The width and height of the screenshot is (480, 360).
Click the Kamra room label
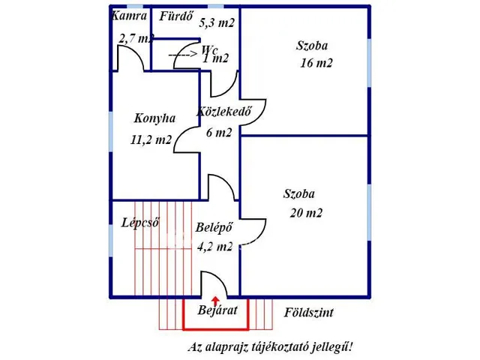(x=128, y=16)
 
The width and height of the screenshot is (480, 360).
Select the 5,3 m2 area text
(x=217, y=23)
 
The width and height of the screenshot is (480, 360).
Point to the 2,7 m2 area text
(x=136, y=37)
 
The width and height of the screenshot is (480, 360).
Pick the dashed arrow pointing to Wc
(x=182, y=55)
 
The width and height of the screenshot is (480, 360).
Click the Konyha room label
(x=154, y=118)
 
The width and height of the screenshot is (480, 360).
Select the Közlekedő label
(x=223, y=112)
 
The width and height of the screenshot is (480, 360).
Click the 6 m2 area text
(x=219, y=133)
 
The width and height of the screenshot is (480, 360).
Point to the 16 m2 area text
(x=316, y=63)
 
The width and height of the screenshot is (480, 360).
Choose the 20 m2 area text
(x=305, y=212)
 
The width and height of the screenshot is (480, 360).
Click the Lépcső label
(x=140, y=222)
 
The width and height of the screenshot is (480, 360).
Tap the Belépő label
(x=214, y=227)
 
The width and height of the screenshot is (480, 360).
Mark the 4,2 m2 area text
(x=214, y=245)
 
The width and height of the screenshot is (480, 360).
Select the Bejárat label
(x=217, y=310)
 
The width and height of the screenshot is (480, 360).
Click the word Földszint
(x=309, y=313)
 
